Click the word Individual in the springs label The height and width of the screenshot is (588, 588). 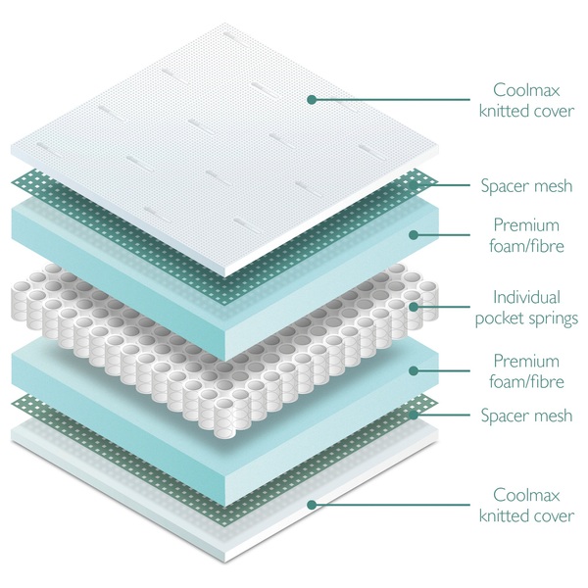(526, 297)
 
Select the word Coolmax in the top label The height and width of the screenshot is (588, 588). (526, 90)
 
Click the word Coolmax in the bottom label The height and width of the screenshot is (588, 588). (526, 495)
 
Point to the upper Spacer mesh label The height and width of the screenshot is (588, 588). (526, 186)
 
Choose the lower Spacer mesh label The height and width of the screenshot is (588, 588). (526, 416)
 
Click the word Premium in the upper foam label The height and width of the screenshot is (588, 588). (526, 225)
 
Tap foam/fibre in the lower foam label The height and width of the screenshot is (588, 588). (526, 382)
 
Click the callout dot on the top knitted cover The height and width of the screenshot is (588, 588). (312, 99)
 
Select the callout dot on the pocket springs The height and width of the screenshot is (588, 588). (414, 307)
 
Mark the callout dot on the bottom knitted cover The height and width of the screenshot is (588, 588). (312, 505)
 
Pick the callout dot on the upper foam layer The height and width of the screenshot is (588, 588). (414, 235)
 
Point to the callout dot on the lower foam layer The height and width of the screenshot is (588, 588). (414, 370)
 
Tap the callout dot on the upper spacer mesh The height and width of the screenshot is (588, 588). (414, 185)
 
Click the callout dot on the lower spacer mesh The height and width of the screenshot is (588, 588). (414, 416)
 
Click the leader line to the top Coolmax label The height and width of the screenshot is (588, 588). (391, 99)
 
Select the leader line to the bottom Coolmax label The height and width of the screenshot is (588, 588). (391, 505)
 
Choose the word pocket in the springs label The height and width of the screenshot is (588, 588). (500, 319)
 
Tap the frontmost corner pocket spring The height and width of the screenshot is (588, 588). (224, 418)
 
